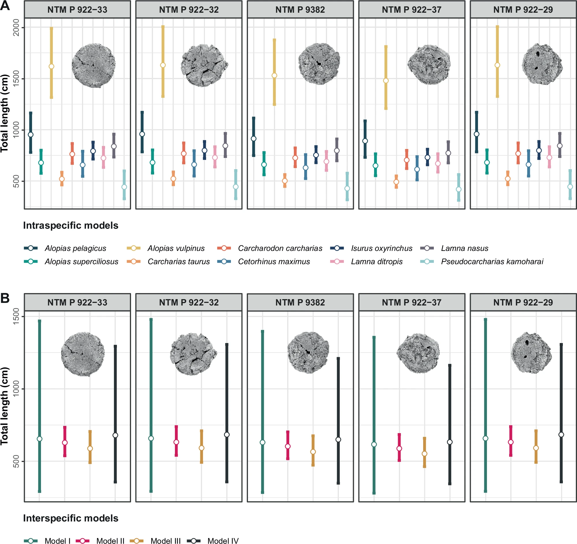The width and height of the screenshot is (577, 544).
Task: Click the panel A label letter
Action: (5, 5)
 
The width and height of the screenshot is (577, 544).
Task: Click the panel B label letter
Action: (5, 298)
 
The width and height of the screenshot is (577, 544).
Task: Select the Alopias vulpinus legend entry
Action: (176, 249)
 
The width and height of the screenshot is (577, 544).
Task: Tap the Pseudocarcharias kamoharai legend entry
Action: (492, 262)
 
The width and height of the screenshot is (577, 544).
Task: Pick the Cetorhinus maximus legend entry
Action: (274, 262)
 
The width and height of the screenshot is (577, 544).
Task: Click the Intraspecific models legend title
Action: (70, 226)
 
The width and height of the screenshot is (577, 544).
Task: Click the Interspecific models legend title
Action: (70, 518)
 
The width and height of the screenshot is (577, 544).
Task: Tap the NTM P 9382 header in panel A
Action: (300, 10)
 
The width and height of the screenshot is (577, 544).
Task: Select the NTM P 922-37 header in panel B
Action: (412, 303)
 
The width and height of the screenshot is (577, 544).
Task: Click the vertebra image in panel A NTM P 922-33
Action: (94, 66)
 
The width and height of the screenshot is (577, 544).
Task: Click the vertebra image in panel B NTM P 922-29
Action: (531, 353)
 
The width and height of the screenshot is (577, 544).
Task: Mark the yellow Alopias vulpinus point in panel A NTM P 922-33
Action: (51, 66)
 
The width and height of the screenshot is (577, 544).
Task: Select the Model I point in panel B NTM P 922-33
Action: (40, 439)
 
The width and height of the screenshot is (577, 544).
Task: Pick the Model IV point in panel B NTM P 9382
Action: (338, 440)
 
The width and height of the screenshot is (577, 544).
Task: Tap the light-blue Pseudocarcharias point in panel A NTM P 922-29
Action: (570, 187)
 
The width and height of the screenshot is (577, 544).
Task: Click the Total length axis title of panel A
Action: (5, 113)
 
